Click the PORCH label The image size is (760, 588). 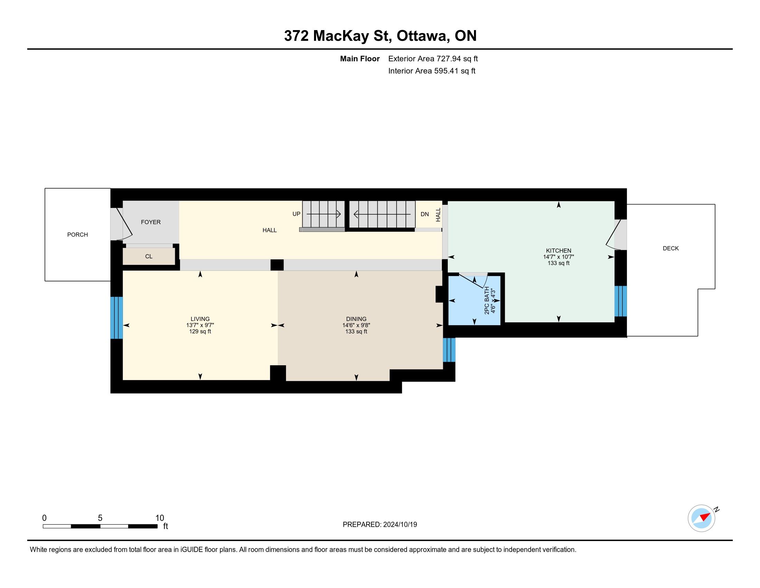77,235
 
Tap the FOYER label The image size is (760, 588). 151,222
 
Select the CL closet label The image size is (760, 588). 149,256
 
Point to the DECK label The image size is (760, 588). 671,248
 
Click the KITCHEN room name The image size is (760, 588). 559,250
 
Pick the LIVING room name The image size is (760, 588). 200,319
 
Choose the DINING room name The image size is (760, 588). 357,319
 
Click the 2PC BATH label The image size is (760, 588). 487,300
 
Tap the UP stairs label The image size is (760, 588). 296,214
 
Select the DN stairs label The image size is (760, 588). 425,214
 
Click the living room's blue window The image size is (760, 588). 116,318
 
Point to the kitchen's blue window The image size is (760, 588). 620,301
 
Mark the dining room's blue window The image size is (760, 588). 449,350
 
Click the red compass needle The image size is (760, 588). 705,516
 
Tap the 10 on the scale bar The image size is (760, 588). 159,518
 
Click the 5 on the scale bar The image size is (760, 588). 100,518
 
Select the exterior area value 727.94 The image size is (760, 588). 448,58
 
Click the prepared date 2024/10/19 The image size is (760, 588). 400,525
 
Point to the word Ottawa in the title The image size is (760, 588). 422,36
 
